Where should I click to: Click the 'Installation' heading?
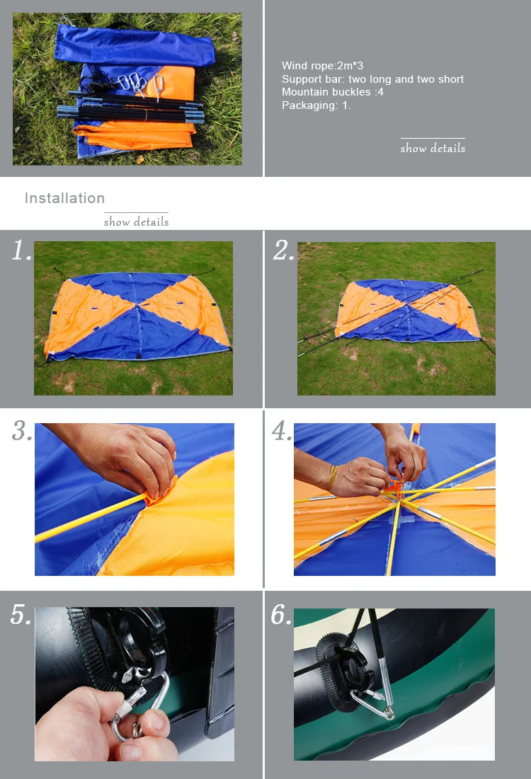point(64,197)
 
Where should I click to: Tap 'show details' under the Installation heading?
point(136,221)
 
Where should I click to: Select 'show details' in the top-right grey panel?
point(433,148)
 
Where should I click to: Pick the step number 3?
point(22,430)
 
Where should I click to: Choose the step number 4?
point(282,430)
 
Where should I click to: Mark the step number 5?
point(21,615)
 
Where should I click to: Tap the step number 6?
point(281,615)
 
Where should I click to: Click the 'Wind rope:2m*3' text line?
point(322,66)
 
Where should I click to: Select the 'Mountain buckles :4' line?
point(333,92)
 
